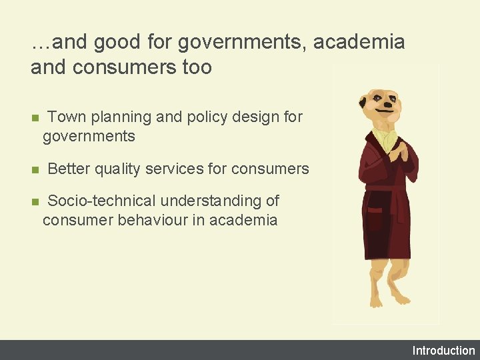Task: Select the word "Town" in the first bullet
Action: click(67, 117)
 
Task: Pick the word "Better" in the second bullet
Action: click(69, 169)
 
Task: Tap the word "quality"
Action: click(117, 169)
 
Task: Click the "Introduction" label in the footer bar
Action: click(443, 351)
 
